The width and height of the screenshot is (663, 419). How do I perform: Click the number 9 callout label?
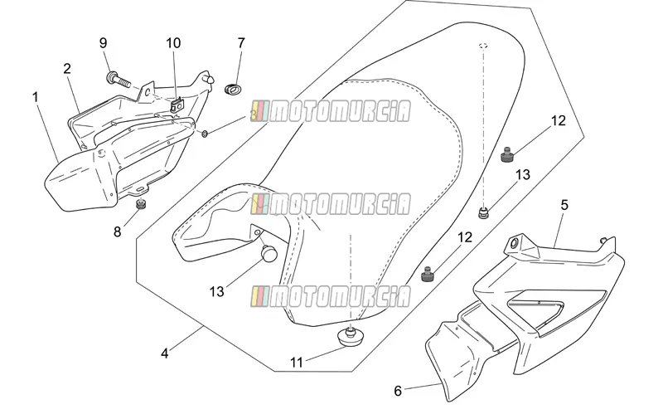(x=103, y=43)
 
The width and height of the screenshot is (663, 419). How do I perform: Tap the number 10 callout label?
(x=173, y=43)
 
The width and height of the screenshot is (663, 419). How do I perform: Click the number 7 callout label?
(x=241, y=43)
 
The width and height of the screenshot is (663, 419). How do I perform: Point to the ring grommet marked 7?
(x=233, y=90)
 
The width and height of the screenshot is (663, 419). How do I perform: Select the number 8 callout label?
(x=117, y=231)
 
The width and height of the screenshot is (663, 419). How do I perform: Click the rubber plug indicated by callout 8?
(x=141, y=204)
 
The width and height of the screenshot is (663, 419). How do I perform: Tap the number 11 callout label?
(x=297, y=363)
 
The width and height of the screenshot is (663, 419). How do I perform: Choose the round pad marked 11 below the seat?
(x=351, y=338)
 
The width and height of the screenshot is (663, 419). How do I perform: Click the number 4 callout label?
(x=165, y=353)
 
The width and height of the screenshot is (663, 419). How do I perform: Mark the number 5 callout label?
(x=564, y=205)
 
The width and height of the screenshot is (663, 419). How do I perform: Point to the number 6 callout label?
(x=398, y=391)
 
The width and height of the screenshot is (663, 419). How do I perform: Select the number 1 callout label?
(x=36, y=97)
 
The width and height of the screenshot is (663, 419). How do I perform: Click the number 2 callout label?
(x=67, y=69)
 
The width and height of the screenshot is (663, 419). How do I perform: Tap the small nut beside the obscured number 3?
(x=205, y=134)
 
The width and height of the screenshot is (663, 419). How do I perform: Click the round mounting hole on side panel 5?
(x=514, y=244)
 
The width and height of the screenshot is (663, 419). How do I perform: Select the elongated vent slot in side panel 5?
(x=536, y=304)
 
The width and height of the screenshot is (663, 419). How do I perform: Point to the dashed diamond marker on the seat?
(x=483, y=46)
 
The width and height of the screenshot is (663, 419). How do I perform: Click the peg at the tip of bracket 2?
(x=210, y=79)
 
